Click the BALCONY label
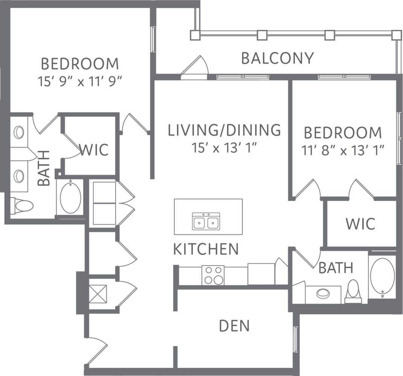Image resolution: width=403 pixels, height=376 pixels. [277, 58]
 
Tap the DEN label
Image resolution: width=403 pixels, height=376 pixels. [234, 326]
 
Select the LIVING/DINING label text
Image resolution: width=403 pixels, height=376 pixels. [224, 130]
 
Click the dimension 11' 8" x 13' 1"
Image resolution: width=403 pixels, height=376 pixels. [343, 151]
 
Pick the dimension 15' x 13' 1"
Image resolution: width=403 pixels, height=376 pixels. [224, 148]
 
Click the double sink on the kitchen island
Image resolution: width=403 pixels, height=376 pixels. [206, 221]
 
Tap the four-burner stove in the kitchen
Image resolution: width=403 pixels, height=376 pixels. [213, 275]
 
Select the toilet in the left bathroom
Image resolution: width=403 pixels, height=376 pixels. [22, 206]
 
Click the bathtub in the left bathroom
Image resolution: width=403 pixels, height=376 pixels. [70, 198]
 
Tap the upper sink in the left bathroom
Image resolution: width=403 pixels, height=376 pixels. [19, 132]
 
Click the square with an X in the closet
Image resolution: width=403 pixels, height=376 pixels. [98, 294]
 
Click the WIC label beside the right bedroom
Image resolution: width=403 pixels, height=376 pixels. [360, 224]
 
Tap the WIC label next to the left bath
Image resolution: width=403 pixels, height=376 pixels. [94, 149]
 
